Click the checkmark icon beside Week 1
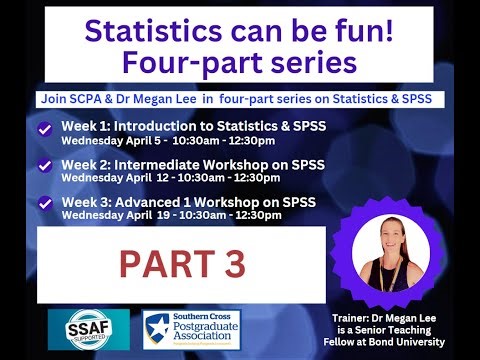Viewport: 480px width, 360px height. coord(44,129)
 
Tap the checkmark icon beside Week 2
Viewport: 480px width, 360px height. coord(44,165)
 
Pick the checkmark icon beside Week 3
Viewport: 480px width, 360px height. coord(44,202)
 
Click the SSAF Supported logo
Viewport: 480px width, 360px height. coord(88,328)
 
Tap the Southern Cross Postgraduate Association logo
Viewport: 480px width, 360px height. coord(196,328)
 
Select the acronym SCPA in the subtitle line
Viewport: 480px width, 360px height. coord(84,100)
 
